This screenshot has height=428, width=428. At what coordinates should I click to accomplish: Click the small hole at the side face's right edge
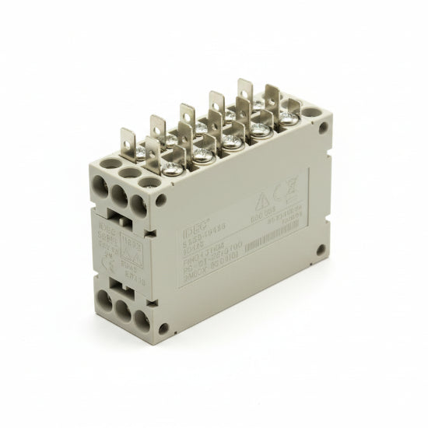pyautogui.click(x=320, y=250)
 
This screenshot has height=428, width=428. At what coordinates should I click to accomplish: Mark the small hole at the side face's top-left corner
pyautogui.click(x=162, y=199)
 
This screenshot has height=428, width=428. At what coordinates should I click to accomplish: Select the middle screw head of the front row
pyautogui.click(x=231, y=139)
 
